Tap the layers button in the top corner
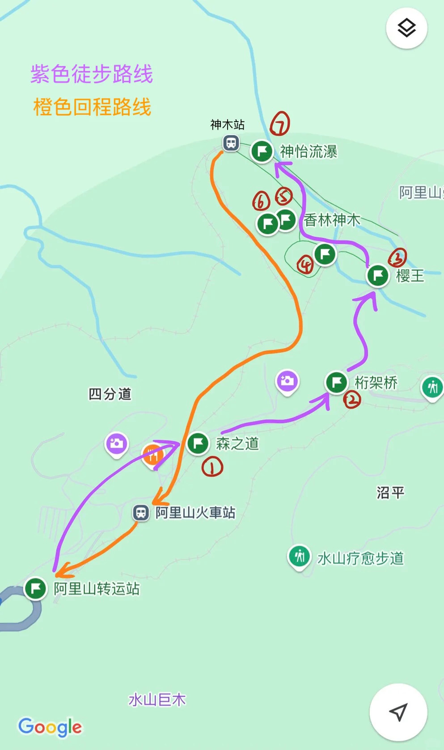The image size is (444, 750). (406, 28)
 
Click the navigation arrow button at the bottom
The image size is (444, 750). (398, 712)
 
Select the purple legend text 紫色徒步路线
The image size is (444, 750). (92, 74)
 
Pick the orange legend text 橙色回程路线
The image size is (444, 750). (92, 107)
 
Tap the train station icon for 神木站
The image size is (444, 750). (231, 143)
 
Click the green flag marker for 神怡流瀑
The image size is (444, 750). (262, 151)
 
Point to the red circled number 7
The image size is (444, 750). (280, 124)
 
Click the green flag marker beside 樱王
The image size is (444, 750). (378, 275)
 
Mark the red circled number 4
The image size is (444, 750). (305, 265)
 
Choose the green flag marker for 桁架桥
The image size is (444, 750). (336, 383)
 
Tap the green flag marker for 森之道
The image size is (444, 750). (198, 443)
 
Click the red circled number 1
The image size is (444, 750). (212, 467)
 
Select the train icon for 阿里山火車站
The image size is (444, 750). (141, 512)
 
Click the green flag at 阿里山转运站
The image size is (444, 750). (36, 588)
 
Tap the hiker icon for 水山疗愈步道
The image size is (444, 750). (300, 556)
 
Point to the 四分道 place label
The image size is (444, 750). (110, 394)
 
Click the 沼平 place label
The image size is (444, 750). (390, 493)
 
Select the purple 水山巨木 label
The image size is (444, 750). (157, 699)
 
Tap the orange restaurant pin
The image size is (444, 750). (153, 455)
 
